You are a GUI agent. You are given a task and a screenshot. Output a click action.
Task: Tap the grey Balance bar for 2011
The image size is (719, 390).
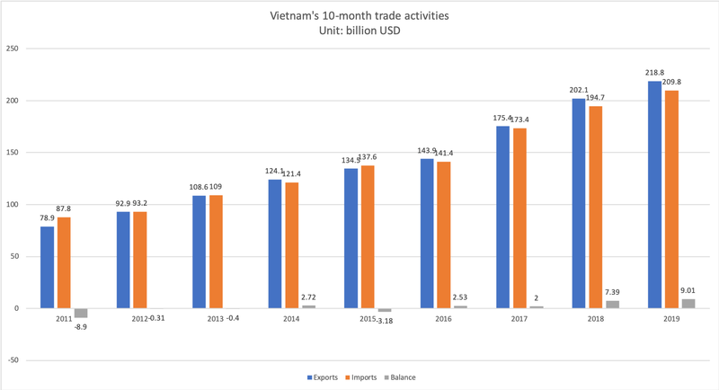pyautogui.click(x=81, y=313)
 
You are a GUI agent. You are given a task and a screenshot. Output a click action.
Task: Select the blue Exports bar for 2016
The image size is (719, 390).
pyautogui.click(x=426, y=234)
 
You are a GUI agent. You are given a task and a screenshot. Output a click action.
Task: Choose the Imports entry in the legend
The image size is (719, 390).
pyautogui.click(x=369, y=377)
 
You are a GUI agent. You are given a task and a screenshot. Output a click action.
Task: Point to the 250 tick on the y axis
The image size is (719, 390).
pyautogui.click(x=13, y=49)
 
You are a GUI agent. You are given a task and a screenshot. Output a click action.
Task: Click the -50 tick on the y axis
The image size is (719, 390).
pyautogui.click(x=13, y=360)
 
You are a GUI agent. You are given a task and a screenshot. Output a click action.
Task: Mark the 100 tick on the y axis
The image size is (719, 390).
pyautogui.click(x=13, y=205)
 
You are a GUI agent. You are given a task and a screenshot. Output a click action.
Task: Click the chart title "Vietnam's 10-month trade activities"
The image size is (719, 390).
pyautogui.click(x=359, y=15)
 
